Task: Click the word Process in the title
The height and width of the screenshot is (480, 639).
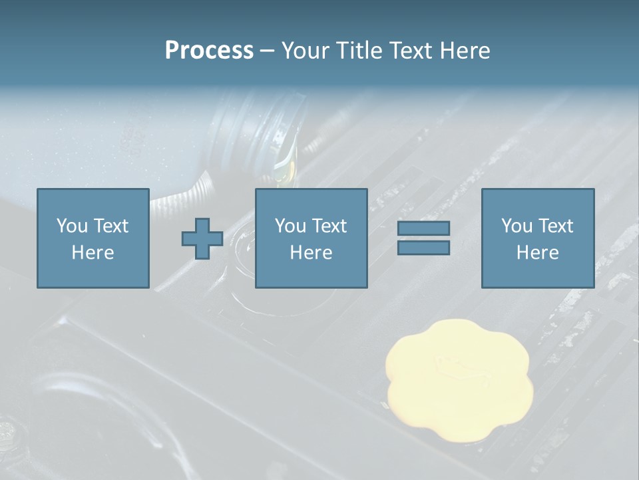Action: [209, 51]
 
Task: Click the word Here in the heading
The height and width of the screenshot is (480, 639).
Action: [465, 51]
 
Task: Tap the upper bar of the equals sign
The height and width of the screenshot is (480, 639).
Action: [423, 228]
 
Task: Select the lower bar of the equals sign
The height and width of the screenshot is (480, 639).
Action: [423, 248]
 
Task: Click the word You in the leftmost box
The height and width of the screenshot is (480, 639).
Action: [72, 226]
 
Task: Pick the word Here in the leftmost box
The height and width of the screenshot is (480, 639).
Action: [93, 253]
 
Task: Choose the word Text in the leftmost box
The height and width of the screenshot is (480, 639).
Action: [110, 226]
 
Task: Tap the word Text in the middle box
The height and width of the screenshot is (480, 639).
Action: [329, 226]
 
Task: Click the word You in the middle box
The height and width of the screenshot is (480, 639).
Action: [290, 226]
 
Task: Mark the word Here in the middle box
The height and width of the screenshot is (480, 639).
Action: [311, 253]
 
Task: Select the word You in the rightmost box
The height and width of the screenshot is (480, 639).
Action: [517, 226]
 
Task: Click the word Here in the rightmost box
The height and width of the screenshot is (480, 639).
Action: [537, 253]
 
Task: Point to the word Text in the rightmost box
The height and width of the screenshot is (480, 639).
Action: [555, 226]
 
